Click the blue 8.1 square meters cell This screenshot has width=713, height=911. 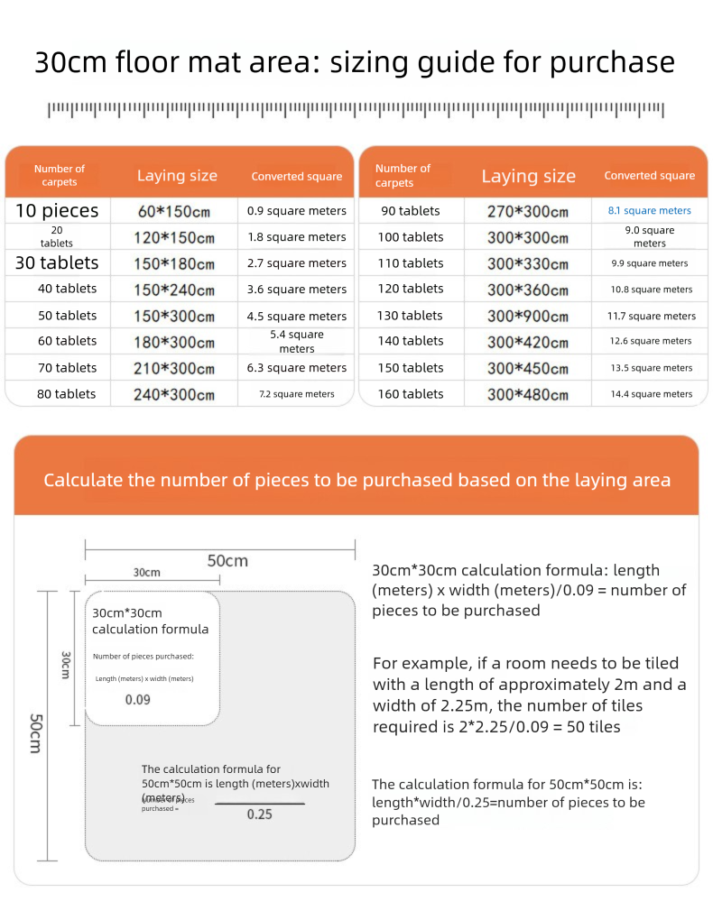(649, 210)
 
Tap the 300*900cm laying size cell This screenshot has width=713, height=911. (528, 316)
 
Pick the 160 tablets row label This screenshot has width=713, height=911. (410, 393)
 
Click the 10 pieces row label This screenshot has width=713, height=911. (57, 211)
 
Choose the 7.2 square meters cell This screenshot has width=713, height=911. (296, 394)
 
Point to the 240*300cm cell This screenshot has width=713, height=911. (176, 394)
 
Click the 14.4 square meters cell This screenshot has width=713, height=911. (651, 394)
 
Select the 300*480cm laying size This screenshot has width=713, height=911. (528, 394)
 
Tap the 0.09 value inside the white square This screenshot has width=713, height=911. (138, 699)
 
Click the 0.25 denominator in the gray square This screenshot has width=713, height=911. (260, 814)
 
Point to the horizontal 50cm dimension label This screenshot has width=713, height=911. (227, 560)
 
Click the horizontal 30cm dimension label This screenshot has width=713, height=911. (147, 573)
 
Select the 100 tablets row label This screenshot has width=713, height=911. (410, 236)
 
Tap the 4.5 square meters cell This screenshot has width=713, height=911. (296, 316)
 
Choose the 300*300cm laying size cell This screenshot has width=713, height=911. (528, 237)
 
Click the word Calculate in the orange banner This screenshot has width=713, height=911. (83, 479)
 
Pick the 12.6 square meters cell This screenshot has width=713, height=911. (651, 341)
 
